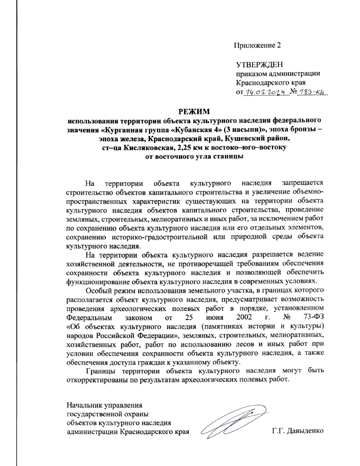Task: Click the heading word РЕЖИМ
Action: pos(194,112)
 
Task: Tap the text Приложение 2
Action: pos(257,45)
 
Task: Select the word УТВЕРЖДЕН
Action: pos(259,65)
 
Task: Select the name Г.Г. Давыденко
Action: pos(298,431)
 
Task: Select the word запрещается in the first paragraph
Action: pos(303,183)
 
